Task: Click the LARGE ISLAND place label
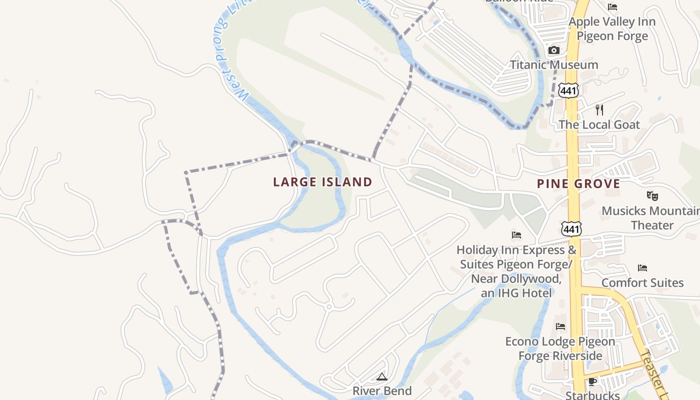click(322, 182)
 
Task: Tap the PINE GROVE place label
click(578, 183)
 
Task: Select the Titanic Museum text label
click(553, 64)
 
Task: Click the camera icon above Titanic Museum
click(553, 50)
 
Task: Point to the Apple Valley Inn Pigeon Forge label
click(612, 29)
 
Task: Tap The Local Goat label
click(599, 124)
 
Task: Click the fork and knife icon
click(599, 109)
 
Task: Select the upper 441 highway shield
click(569, 90)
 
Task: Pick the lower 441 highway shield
click(571, 228)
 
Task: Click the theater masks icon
click(652, 195)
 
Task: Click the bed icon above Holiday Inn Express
click(516, 234)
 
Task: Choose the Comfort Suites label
click(642, 282)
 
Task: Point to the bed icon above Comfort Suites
click(642, 268)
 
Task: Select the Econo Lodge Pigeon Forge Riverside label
click(560, 348)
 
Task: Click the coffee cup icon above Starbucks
click(592, 382)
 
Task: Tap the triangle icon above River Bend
click(382, 376)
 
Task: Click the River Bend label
click(382, 390)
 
